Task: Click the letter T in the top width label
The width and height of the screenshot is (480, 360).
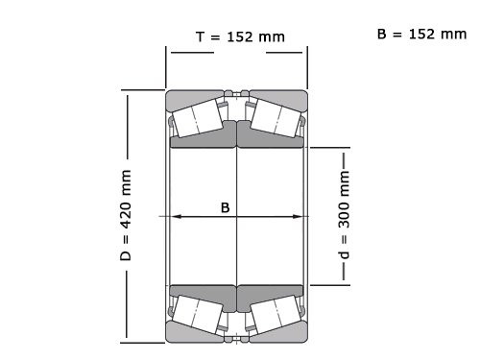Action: pos(199,36)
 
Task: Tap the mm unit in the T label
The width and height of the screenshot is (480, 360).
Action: pos(273,36)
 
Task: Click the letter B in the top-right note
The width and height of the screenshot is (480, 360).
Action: pos(381,34)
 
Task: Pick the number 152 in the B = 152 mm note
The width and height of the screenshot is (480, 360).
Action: pos(423,34)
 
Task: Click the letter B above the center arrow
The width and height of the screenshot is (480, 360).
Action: pos(226,207)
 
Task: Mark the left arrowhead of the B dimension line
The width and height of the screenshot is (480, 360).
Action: pos(175,217)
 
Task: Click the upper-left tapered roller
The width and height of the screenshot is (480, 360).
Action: pos(201,117)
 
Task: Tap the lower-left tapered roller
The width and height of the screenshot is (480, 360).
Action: pos(201,315)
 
